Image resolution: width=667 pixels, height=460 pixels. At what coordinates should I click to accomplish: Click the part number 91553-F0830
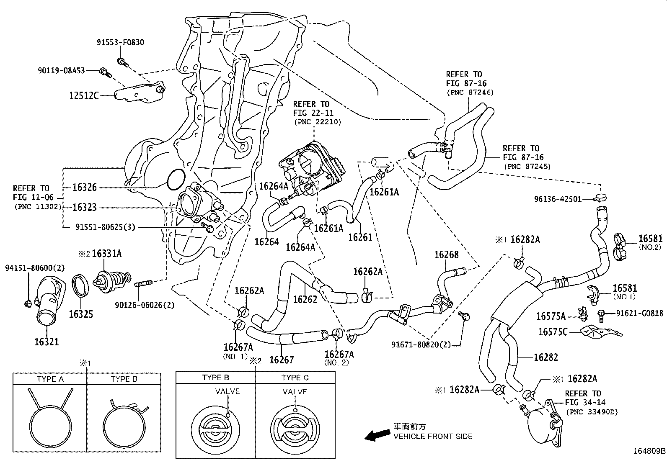coord(120,42)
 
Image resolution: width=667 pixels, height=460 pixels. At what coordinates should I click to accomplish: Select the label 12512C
coord(84,96)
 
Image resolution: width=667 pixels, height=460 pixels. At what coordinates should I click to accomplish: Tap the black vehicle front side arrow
coord(376,436)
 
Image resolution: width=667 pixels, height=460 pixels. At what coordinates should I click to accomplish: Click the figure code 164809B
coord(649,451)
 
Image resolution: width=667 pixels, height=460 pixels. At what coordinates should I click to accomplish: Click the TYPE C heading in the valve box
coord(295,378)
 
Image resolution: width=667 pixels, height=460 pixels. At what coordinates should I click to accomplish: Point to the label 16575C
coord(553,332)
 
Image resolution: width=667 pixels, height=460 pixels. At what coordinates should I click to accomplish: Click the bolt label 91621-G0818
coord(639,313)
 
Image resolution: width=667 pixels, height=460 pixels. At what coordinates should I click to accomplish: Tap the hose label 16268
coord(446,255)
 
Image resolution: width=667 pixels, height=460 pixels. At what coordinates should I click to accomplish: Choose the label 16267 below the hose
coord(282,359)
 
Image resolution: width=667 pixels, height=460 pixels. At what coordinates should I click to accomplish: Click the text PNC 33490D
coord(592,412)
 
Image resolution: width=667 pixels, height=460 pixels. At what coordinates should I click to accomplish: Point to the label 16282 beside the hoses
coord(546,357)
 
